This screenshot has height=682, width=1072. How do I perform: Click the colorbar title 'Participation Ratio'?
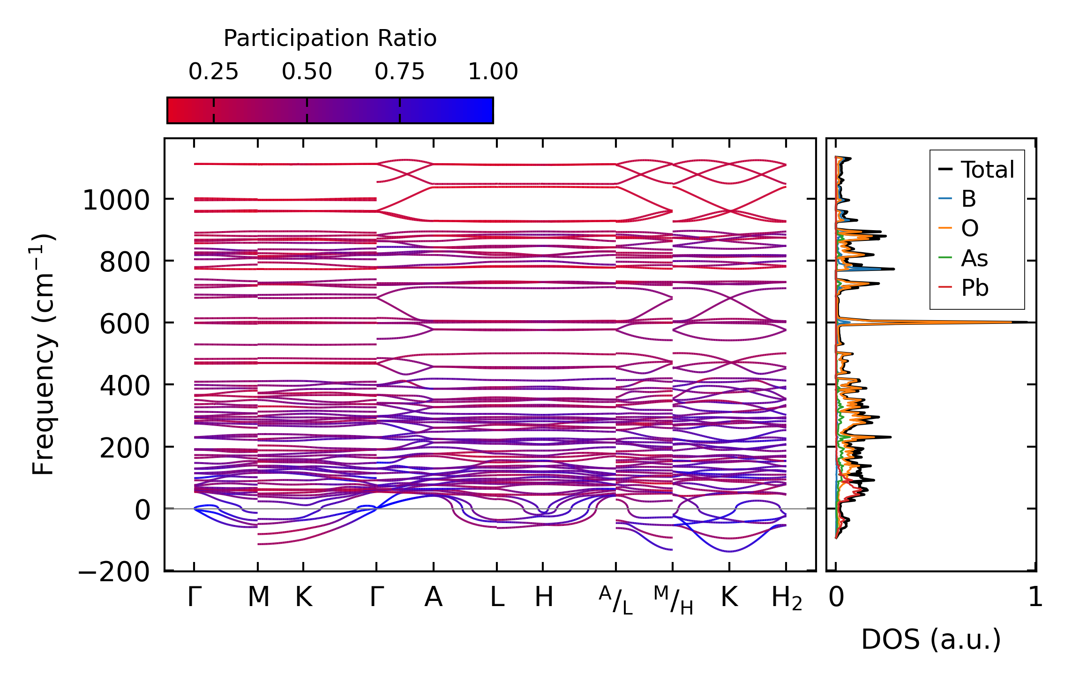coord(330,38)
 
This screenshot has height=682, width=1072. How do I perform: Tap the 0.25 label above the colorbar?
coord(213,72)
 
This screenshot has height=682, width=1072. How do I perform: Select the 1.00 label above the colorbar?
coord(493,72)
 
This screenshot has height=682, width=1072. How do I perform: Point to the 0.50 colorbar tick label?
coord(307,72)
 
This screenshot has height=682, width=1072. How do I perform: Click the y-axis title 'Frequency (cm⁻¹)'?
coord(43,354)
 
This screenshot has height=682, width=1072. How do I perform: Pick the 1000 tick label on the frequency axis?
coord(116,201)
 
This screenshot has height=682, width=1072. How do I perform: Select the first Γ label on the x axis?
coord(194,598)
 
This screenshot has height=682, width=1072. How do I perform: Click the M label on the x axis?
coord(258,598)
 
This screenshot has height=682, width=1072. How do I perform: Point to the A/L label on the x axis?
coord(615,600)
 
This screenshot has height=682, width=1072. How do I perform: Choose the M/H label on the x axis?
coord(673,600)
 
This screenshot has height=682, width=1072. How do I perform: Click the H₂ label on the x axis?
coord(787,599)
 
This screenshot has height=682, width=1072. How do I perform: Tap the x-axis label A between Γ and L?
coord(434,598)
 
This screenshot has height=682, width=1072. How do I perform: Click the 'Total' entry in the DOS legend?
coord(987,170)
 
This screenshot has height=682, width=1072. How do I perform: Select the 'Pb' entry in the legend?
coord(975,288)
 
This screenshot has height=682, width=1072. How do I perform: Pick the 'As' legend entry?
coord(975,258)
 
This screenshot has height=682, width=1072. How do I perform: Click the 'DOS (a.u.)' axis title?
coord(931,639)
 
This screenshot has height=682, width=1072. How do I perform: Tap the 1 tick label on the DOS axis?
coord(1035,598)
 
